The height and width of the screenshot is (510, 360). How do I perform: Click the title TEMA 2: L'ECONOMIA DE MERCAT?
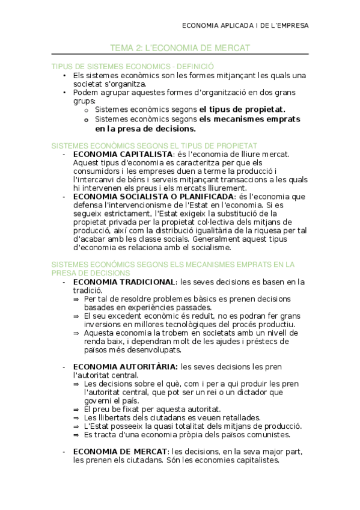[180, 47]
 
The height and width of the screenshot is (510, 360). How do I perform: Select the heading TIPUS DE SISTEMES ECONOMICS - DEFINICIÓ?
[133, 66]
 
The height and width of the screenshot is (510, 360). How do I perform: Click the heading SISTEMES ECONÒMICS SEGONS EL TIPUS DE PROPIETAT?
[154, 145]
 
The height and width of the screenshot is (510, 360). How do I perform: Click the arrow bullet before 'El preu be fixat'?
[76, 409]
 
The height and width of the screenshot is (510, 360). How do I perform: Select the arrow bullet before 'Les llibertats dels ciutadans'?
[76, 417]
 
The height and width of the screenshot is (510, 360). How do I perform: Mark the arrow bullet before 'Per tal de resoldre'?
[76, 299]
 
